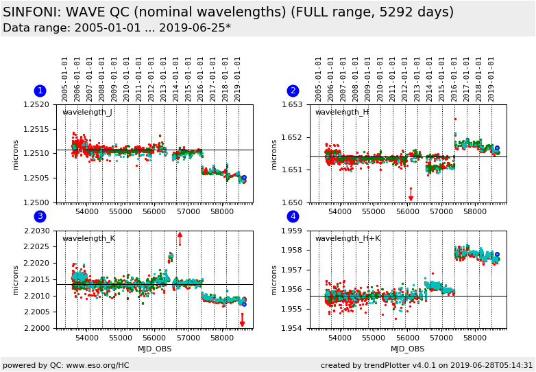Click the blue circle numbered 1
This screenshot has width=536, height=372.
click(x=40, y=91)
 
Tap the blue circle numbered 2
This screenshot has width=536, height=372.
click(x=293, y=91)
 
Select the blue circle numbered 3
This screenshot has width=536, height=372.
click(x=40, y=217)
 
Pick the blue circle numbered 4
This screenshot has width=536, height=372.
click(x=293, y=217)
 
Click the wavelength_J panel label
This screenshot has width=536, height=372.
click(x=87, y=113)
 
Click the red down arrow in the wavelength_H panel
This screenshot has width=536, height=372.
click(x=411, y=195)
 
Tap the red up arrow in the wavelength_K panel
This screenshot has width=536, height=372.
click(x=180, y=237)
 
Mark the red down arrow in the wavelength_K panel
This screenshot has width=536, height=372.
click(x=242, y=321)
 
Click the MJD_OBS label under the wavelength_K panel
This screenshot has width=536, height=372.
click(x=154, y=349)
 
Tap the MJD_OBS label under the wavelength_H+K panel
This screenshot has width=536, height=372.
click(x=407, y=349)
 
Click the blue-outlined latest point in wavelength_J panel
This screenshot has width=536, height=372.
click(x=244, y=178)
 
